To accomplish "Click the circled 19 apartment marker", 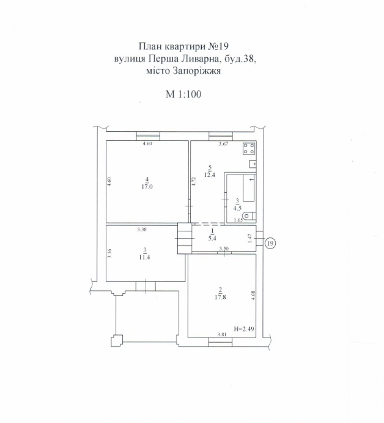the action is pyautogui.click(x=270, y=244).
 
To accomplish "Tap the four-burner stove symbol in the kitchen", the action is pyautogui.click(x=249, y=149).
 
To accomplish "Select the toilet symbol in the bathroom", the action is pyautogui.click(x=249, y=216).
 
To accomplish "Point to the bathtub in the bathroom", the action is pyautogui.click(x=249, y=188).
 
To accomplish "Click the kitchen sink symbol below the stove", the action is pyautogui.click(x=253, y=164).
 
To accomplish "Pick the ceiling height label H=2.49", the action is pyautogui.click(x=245, y=328).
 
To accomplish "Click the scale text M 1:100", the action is pyautogui.click(x=183, y=94).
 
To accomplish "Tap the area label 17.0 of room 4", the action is pyautogui.click(x=147, y=186).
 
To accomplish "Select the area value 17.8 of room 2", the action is pyautogui.click(x=220, y=297).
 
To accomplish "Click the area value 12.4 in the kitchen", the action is pyautogui.click(x=210, y=175).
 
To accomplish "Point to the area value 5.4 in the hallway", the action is pyautogui.click(x=212, y=238).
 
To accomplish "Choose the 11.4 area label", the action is pyautogui.click(x=144, y=257).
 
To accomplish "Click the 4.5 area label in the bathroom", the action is pyautogui.click(x=237, y=208).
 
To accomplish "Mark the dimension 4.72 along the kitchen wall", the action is pyautogui.click(x=193, y=181).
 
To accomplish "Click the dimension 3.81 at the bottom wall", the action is pyautogui.click(x=222, y=334).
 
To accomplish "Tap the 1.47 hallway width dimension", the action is pyautogui.click(x=249, y=239).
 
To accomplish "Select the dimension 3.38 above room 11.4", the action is pyautogui.click(x=142, y=230).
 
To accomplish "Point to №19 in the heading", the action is pyautogui.click(x=218, y=46).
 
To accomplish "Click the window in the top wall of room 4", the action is pyautogui.click(x=148, y=136).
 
